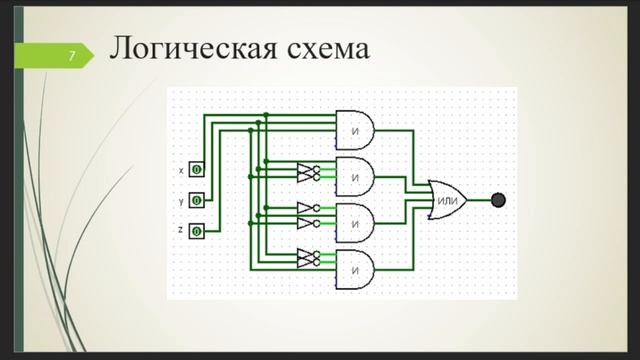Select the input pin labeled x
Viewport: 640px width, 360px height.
coord(197,171)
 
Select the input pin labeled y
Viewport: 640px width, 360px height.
coord(197,200)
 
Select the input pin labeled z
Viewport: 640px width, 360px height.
coord(197,231)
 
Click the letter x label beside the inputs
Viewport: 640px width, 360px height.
coord(180,171)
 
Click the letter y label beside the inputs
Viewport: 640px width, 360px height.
coord(180,200)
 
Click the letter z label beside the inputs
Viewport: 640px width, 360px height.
coord(180,230)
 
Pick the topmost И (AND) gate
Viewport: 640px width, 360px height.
coord(355,127)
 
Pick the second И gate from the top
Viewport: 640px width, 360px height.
coord(355,176)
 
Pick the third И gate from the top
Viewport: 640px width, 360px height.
coord(355,222)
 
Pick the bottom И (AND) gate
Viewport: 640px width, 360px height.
coord(355,270)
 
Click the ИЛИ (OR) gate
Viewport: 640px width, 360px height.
coord(446,200)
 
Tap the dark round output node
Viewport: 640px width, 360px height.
coord(499,200)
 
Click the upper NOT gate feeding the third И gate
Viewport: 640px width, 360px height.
coord(306,208)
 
